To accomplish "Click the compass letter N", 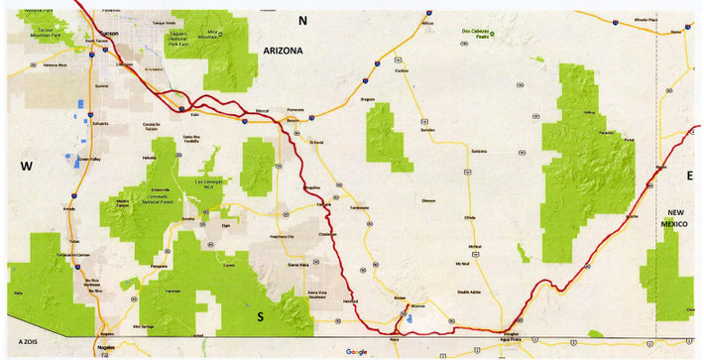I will click(x=304, y=20).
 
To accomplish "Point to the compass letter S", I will click(x=261, y=315).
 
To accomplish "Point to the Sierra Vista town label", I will click(x=297, y=265).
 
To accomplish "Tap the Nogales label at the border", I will click(x=106, y=348).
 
